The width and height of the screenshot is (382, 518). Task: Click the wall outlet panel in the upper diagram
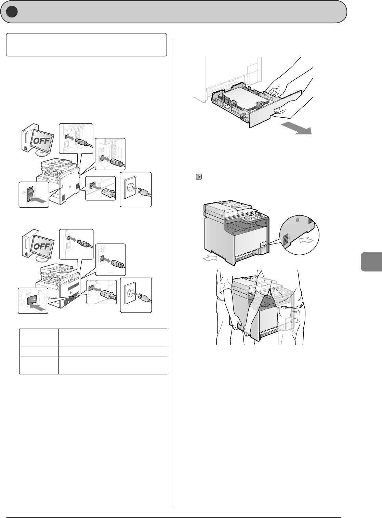[135, 189]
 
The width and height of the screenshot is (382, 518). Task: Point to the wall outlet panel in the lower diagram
[136, 295]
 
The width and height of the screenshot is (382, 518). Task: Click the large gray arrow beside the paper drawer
[296, 129]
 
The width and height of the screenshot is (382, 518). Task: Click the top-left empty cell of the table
[39, 337]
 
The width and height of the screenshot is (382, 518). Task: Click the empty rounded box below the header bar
[87, 44]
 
